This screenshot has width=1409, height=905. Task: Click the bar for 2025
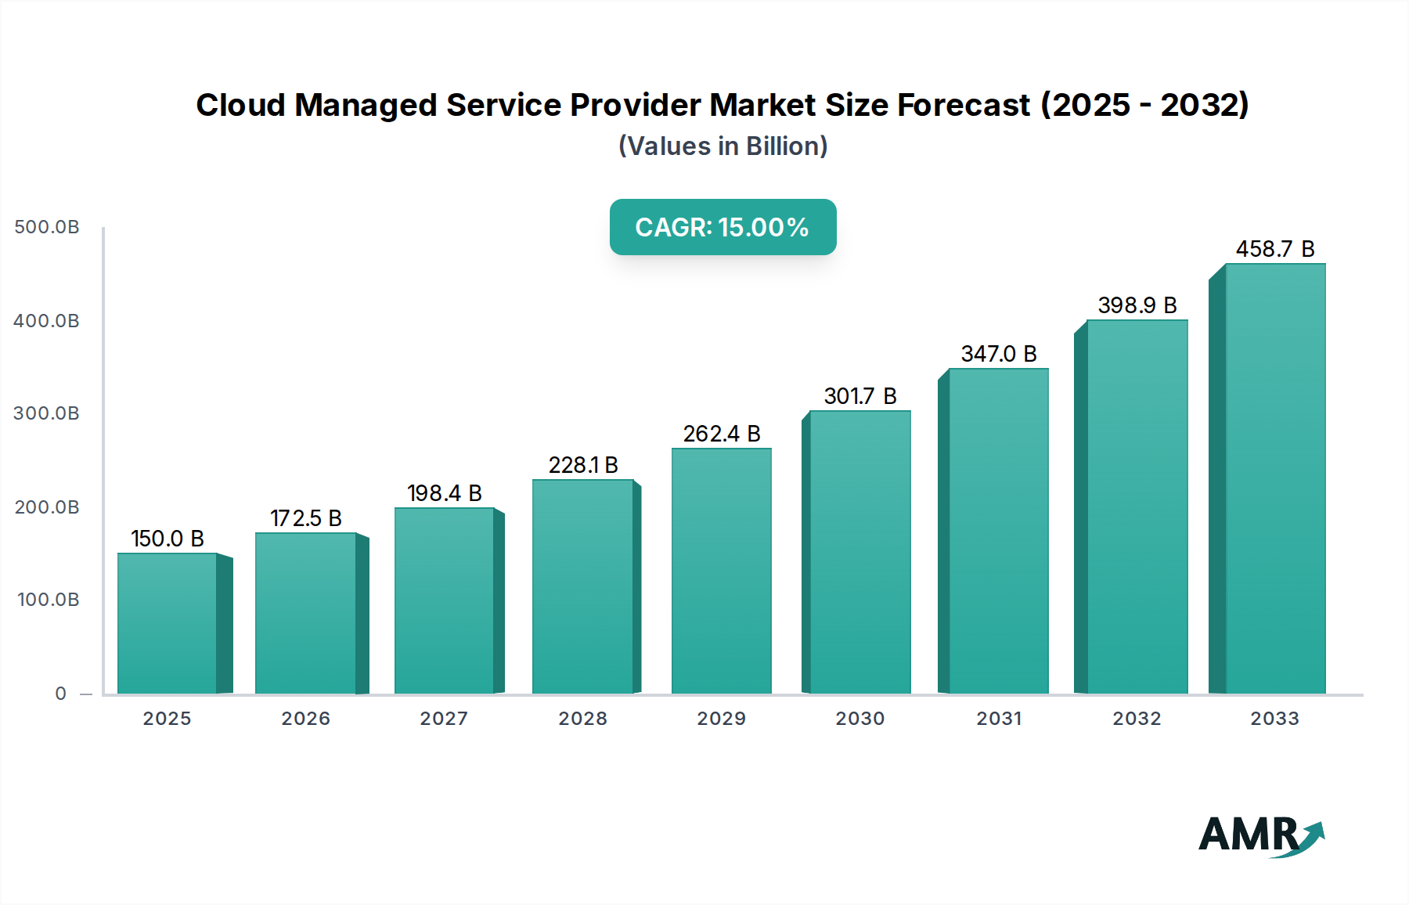point(168,623)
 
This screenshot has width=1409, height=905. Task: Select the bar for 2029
point(722,571)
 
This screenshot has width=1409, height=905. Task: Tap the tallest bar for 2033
point(1275,478)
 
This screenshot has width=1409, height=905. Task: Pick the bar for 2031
point(998,531)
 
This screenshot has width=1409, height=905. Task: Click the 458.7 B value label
point(1275,249)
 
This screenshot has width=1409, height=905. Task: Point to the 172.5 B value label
point(306,518)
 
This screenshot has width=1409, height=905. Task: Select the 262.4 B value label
point(722,434)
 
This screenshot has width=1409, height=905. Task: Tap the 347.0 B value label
point(999,354)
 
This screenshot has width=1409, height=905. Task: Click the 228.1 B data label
point(583,465)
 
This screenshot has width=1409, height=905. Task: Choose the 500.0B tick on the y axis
point(47,227)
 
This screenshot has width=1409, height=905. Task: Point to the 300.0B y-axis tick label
point(47,413)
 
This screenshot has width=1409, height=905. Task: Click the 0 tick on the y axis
point(60,694)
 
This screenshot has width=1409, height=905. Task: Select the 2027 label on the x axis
point(444,719)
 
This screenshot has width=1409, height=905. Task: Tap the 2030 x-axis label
point(860,719)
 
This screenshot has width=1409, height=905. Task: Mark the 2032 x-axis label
point(1137,719)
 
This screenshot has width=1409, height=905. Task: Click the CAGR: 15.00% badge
point(723,227)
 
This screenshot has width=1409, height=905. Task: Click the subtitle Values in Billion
point(723,146)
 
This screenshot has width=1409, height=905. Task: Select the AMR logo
point(1260,835)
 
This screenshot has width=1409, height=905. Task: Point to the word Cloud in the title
point(240,105)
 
